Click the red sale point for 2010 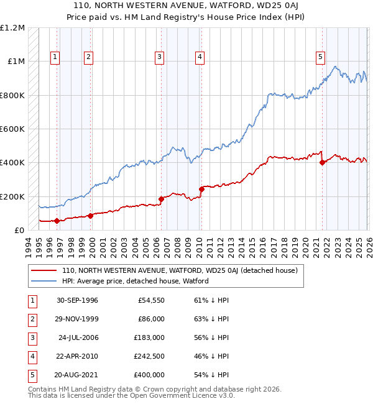coord(201,189)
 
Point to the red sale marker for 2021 coord(322,163)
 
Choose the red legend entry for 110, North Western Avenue coord(180,270)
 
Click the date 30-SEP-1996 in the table coord(76,300)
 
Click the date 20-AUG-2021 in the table coord(76,375)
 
